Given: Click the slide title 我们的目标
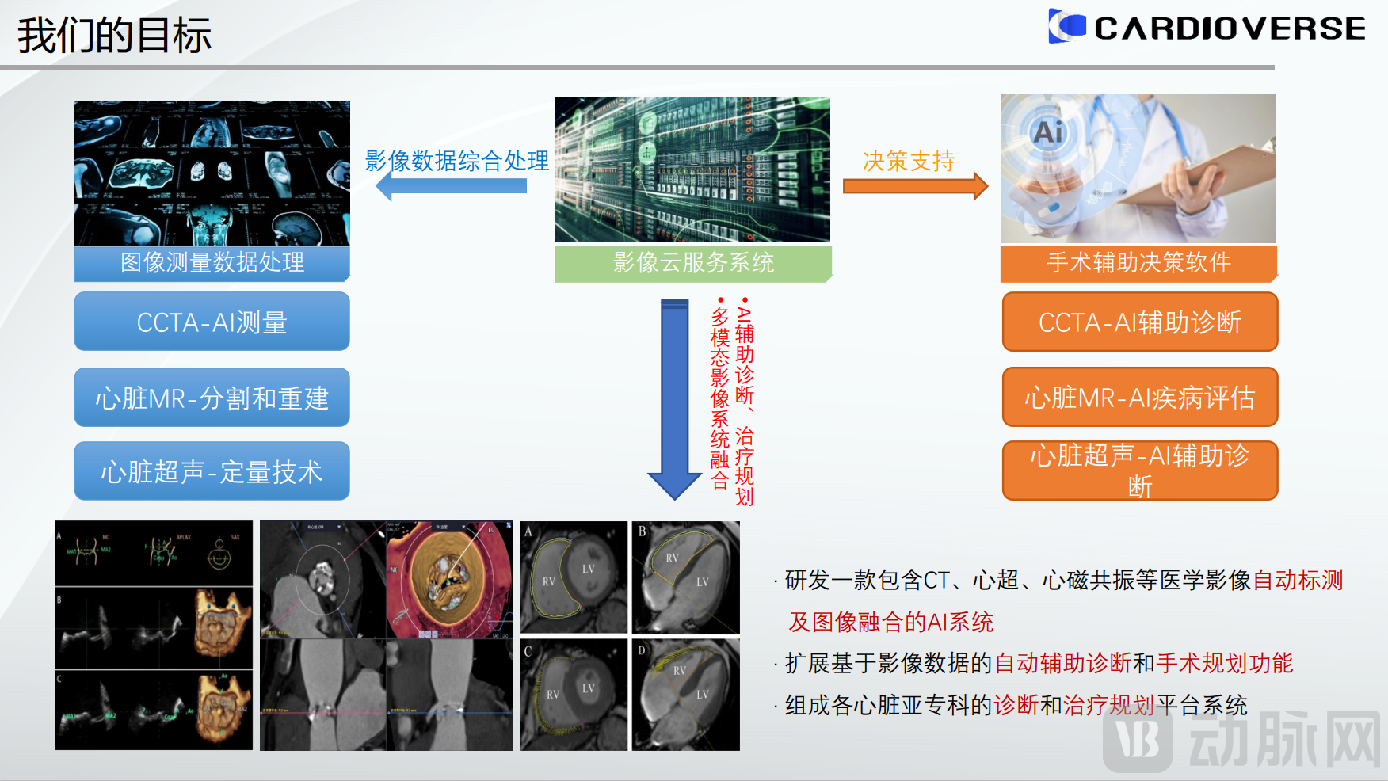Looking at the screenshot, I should point(114,36).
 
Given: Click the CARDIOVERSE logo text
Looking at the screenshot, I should point(1229,29).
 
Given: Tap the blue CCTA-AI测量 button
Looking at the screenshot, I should point(212,322).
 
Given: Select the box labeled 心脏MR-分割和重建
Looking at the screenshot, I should point(212,398).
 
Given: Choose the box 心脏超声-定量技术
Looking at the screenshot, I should point(212,471).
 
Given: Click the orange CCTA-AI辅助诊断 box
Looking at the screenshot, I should point(1139,322).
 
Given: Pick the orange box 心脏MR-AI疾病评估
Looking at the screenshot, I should point(1139,397).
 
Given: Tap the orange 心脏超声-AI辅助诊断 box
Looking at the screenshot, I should point(1139,471).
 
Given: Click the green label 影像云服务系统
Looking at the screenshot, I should point(693,263).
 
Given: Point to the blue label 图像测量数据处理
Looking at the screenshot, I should point(212,263).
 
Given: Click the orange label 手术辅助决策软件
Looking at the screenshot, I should point(1138,263).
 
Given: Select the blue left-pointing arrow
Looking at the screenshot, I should point(452,186).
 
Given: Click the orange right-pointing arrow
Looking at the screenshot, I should point(914,186).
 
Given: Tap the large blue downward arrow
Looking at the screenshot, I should point(674,396).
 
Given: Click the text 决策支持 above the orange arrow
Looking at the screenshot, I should point(909,161).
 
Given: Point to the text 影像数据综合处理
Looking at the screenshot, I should point(456,161).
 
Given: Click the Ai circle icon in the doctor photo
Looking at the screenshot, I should point(1047,132).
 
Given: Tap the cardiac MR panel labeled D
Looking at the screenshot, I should point(685,694).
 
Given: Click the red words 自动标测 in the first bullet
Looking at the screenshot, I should point(1298,580).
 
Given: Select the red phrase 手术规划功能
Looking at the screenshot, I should point(1224,663).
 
